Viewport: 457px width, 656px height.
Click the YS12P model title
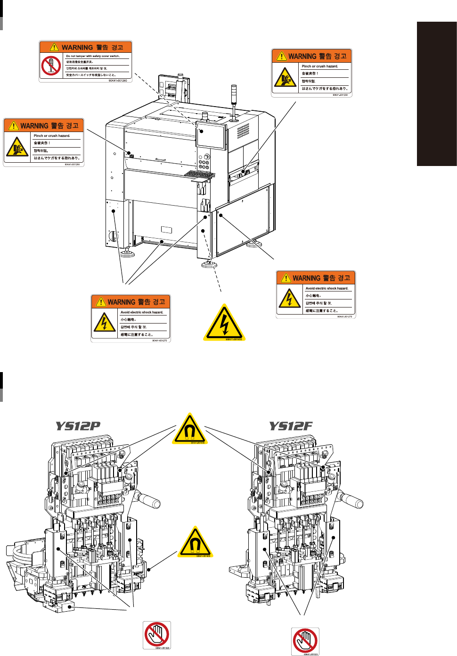point(78,426)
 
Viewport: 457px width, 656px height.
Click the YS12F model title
point(291,426)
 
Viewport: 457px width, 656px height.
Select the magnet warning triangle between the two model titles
point(189,429)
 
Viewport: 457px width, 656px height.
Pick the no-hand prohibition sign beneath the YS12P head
point(157,634)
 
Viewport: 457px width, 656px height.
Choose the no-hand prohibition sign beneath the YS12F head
point(305,641)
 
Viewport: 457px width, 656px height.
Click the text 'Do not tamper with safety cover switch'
point(93,56)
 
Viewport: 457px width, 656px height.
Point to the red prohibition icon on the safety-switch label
point(51,66)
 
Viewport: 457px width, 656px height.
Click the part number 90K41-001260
point(118,81)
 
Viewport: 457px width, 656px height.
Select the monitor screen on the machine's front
point(211,135)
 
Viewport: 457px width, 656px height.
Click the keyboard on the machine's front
point(199,174)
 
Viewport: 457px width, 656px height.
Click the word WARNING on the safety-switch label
point(77,47)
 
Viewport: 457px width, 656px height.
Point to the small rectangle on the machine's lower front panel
point(166,230)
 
